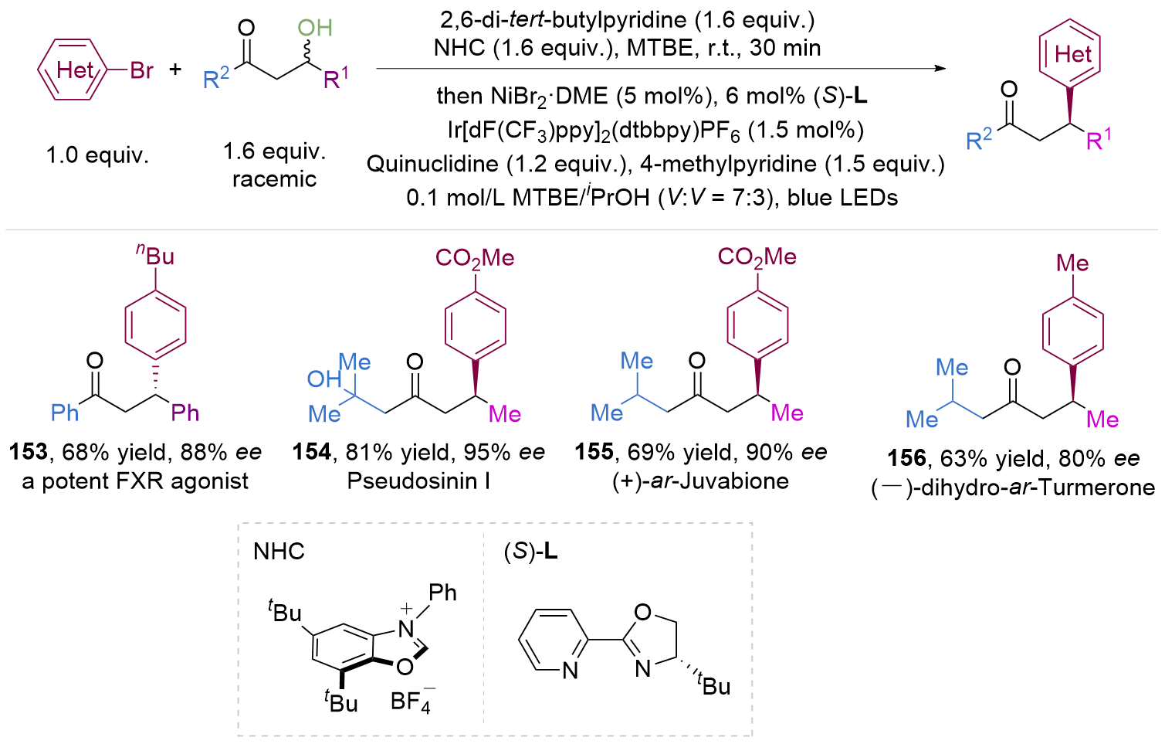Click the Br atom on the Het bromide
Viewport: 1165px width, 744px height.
coord(142,70)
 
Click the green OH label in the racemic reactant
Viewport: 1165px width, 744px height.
coord(314,29)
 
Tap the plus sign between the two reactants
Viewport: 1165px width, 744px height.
coord(176,70)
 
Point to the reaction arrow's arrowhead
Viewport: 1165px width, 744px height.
coord(940,68)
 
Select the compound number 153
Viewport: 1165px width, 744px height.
coord(29,452)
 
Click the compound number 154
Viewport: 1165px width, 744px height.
coord(311,452)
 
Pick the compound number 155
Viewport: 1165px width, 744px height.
coord(594,452)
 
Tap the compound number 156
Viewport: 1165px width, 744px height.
coord(906,458)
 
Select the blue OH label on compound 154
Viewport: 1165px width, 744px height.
coord(323,379)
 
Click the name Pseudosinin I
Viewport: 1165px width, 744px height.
coord(418,481)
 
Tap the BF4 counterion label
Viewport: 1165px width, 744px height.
coord(411,702)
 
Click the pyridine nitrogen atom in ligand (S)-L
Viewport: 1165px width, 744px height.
coord(570,671)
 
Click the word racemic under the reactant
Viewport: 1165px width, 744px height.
coord(274,179)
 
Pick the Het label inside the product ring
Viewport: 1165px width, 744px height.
coord(1072,54)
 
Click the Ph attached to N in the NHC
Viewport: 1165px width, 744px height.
coord(442,593)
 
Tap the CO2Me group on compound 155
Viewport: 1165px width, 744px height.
coord(757,257)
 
